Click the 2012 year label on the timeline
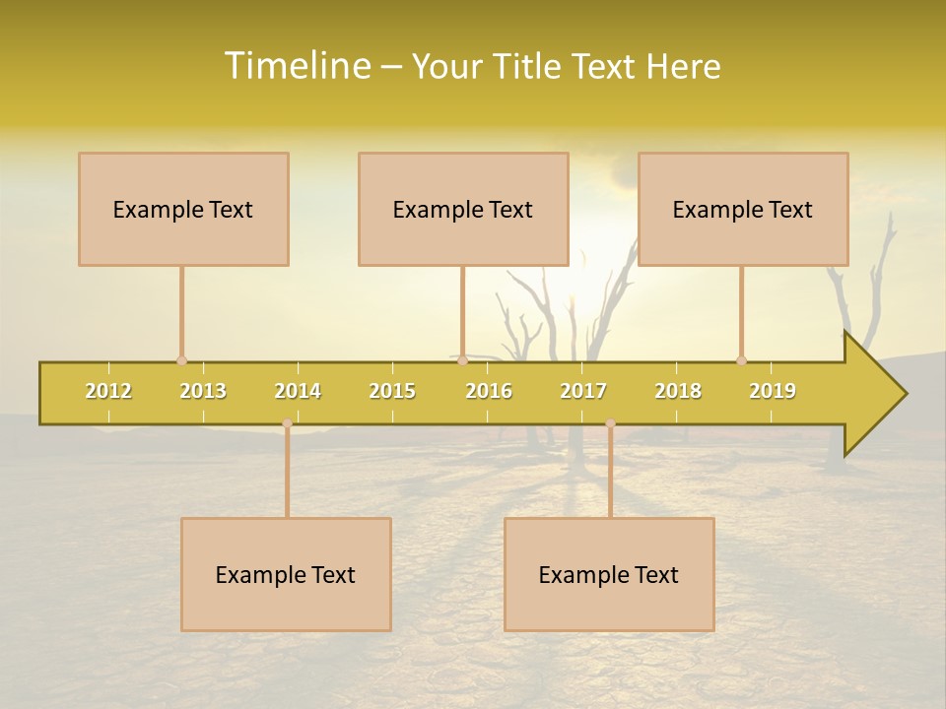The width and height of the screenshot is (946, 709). [x=108, y=391]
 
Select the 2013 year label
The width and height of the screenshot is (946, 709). [x=203, y=391]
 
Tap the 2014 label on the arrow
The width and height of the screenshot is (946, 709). [x=298, y=391]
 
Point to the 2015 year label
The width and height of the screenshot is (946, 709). [x=392, y=391]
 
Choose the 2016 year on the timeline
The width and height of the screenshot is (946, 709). [x=489, y=391]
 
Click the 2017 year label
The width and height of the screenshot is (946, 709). [x=583, y=391]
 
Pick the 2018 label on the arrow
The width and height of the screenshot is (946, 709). [x=678, y=391]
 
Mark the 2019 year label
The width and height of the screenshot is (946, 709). [x=773, y=391]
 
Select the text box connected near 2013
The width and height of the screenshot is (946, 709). [x=183, y=209]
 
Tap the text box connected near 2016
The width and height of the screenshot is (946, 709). [x=463, y=209]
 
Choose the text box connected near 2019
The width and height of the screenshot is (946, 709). [x=743, y=209]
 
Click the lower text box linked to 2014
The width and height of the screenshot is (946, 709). [x=286, y=574]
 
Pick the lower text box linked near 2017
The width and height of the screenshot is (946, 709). [x=609, y=574]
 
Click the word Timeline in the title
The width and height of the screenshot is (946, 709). [x=297, y=66]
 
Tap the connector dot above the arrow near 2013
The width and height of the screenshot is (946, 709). [x=181, y=360]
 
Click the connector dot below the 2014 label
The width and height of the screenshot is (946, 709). [x=287, y=422]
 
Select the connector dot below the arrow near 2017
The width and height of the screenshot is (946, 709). [x=610, y=423]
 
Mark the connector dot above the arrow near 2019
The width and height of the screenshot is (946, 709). [x=741, y=360]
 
